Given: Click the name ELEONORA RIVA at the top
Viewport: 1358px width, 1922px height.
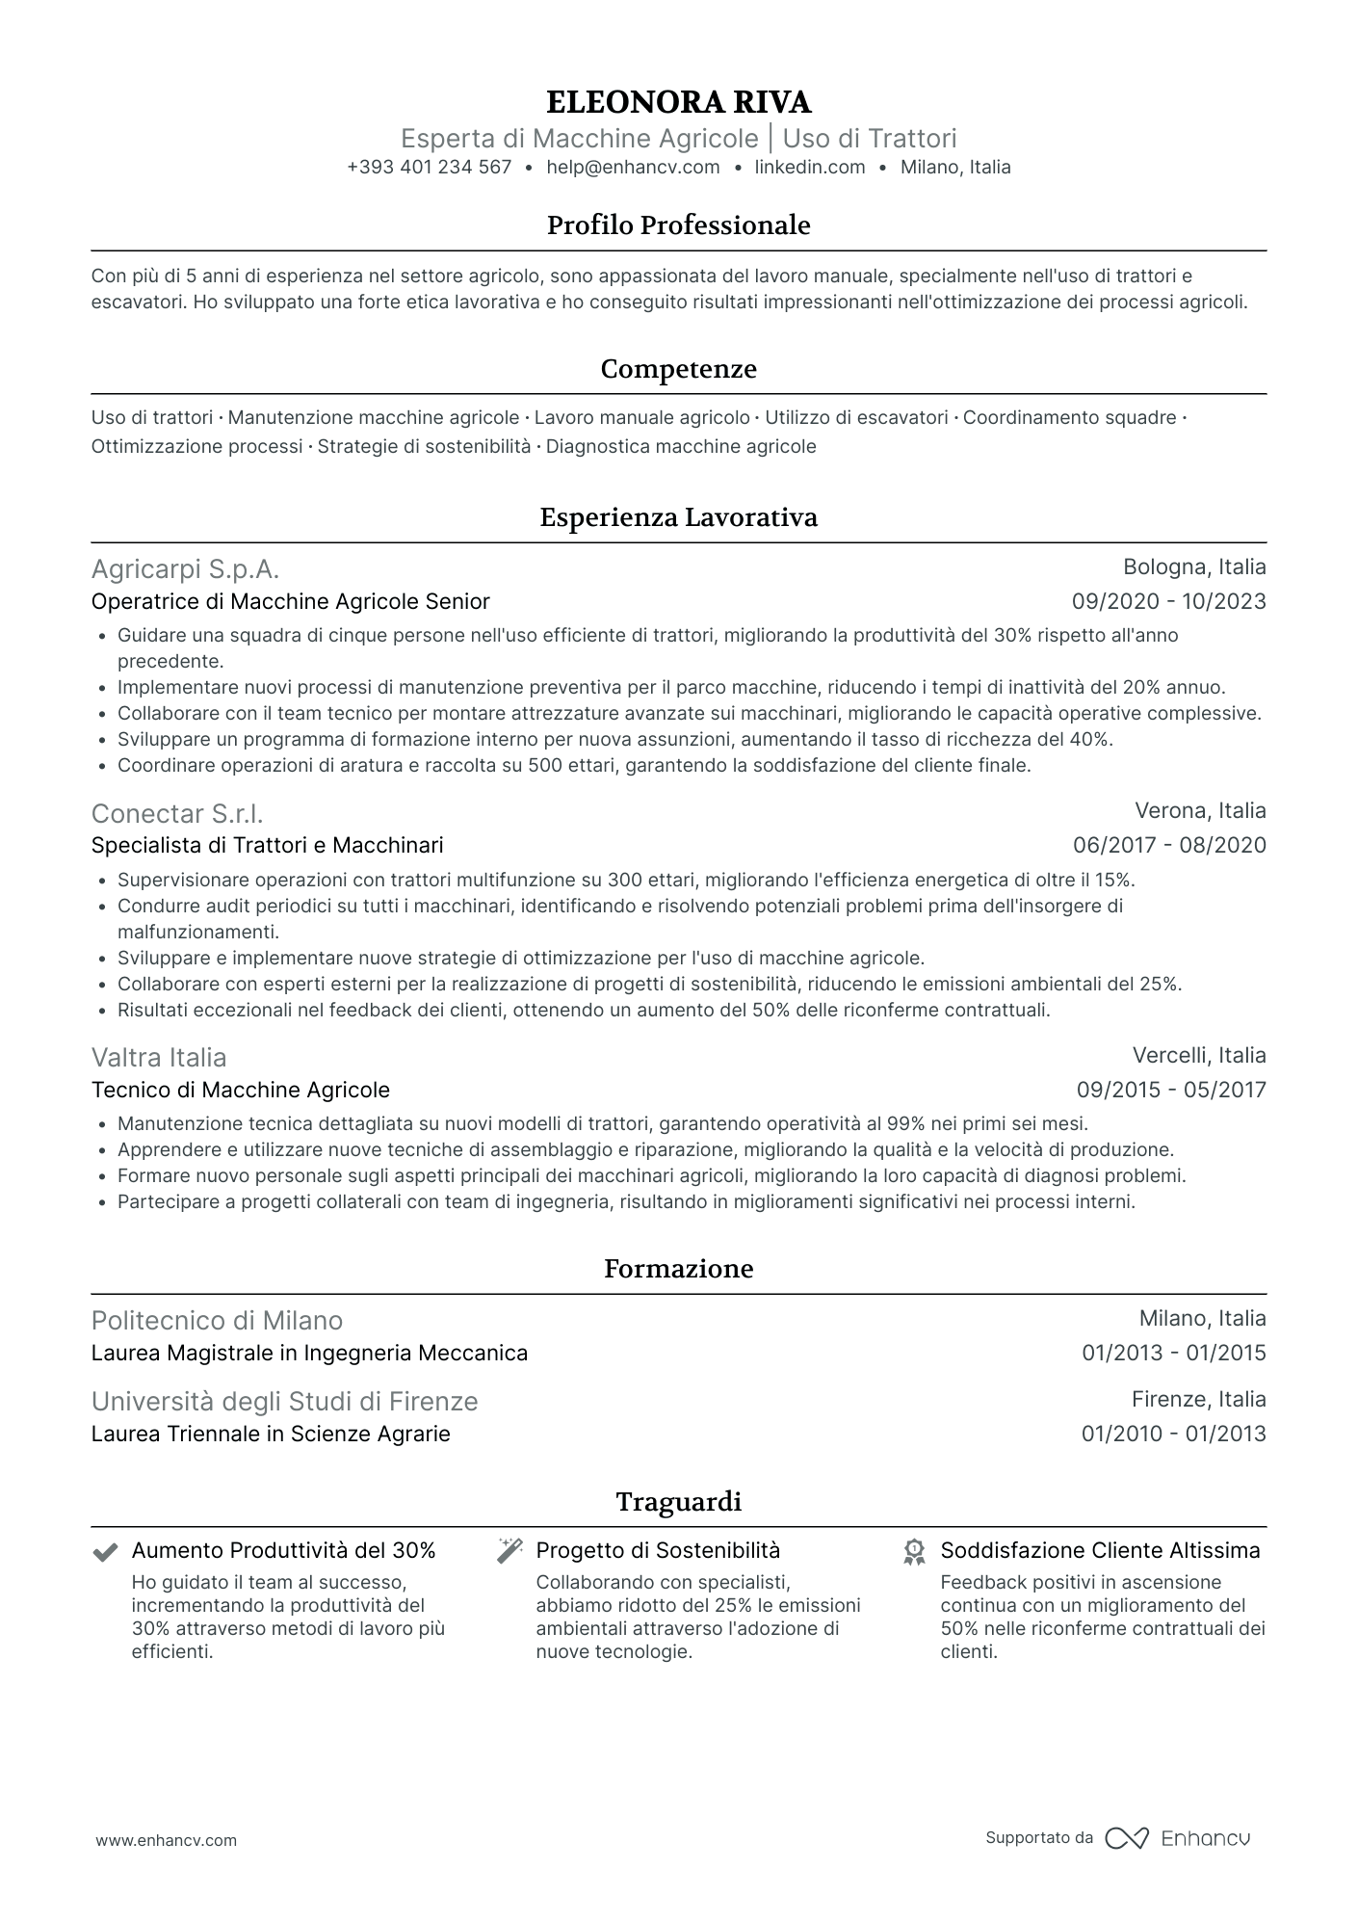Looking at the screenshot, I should tap(678, 101).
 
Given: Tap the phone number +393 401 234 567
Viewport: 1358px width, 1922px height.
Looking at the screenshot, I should tap(429, 167).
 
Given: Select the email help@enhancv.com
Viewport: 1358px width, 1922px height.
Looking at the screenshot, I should tap(633, 167).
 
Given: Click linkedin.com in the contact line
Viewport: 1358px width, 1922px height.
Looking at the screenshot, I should tap(809, 167).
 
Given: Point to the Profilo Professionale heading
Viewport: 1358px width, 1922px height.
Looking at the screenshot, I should tap(678, 225).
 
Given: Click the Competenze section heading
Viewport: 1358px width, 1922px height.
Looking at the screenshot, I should tap(678, 369).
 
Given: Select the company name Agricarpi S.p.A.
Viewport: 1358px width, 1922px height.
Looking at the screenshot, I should tap(185, 569).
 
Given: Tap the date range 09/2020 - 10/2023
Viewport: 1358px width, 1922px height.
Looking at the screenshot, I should tap(1168, 602).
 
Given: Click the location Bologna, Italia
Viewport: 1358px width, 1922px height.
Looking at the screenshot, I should tap(1194, 566).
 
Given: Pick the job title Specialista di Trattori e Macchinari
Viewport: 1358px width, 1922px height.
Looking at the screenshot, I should tap(267, 846).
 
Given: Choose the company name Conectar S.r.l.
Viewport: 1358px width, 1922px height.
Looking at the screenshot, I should tap(177, 814).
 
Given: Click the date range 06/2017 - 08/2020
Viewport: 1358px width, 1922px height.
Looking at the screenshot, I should tap(1169, 846).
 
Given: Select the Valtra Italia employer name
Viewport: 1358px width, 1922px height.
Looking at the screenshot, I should tap(159, 1058).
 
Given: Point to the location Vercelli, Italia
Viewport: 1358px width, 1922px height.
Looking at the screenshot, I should tap(1199, 1055).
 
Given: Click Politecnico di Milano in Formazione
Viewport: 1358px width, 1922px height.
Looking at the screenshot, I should tap(217, 1321).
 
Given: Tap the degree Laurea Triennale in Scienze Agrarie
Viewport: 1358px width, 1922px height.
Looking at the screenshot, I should tap(271, 1435).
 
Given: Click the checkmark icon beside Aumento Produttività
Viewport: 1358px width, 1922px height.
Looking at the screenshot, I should tap(105, 1552).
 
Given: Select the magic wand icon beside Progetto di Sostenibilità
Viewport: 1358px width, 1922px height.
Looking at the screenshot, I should tap(509, 1551).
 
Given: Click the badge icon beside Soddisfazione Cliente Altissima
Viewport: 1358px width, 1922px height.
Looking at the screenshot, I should tap(914, 1552).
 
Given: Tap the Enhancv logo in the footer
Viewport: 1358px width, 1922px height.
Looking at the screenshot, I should tap(1178, 1838).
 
